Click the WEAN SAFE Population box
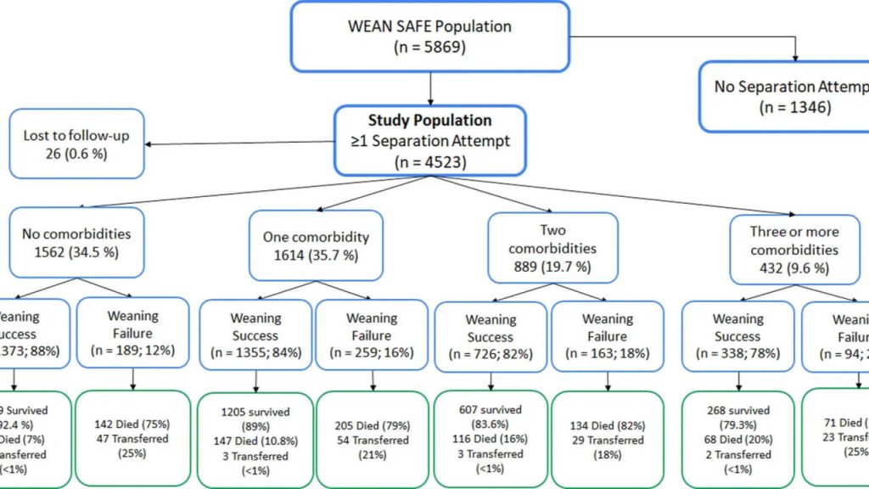point(429,36)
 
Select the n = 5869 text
point(430,48)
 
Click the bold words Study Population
point(429,121)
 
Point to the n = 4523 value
point(430,161)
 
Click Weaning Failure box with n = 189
point(133,332)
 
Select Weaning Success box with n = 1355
point(255,335)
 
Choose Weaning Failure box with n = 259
point(372,335)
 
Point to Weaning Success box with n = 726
point(491,336)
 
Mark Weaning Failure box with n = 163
point(608,336)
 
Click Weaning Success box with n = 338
point(737,336)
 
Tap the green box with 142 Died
point(133,438)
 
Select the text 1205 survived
point(255,412)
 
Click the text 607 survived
point(491,412)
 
